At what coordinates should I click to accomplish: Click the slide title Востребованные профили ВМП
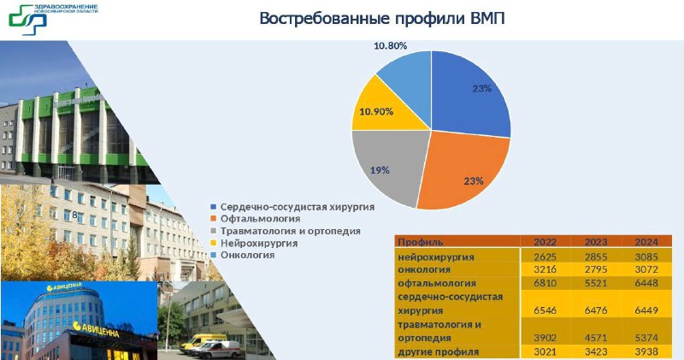point(382,19)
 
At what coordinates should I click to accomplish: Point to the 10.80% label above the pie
point(391,45)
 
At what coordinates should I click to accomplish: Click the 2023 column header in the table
point(595,242)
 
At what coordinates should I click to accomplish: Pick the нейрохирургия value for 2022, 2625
point(545,257)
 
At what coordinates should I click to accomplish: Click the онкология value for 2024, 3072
point(646,269)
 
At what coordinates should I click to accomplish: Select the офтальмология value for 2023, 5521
point(595,283)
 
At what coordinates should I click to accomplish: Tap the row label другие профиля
point(439,351)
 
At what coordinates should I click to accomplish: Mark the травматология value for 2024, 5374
point(646,338)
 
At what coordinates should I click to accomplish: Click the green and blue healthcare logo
point(28,20)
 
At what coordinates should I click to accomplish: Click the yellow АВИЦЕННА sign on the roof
point(64,286)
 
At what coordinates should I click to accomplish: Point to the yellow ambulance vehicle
point(202,342)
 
